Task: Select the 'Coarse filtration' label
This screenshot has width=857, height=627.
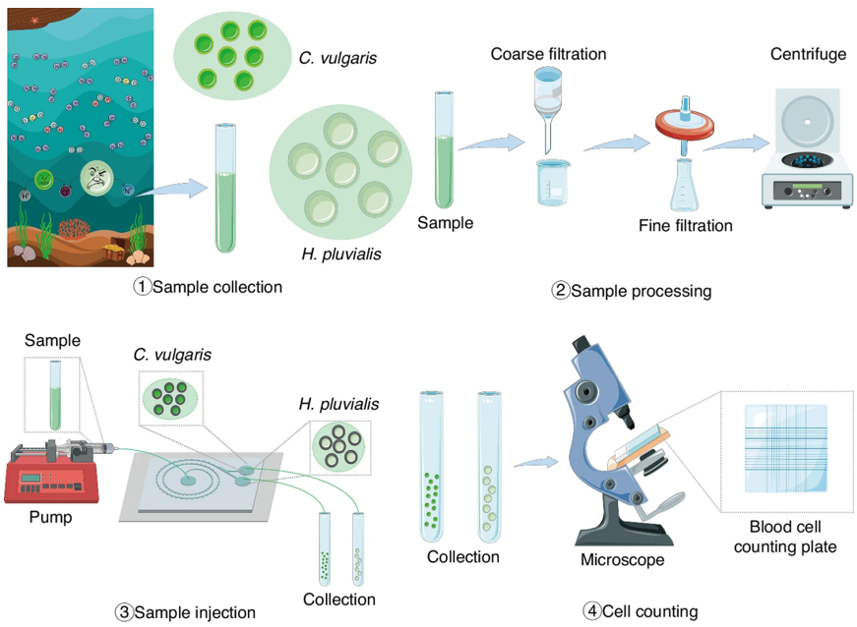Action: [x=548, y=53]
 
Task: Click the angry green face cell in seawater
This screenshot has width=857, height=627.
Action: [x=96, y=179]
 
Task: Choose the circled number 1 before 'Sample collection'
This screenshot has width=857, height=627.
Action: [x=143, y=287]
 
